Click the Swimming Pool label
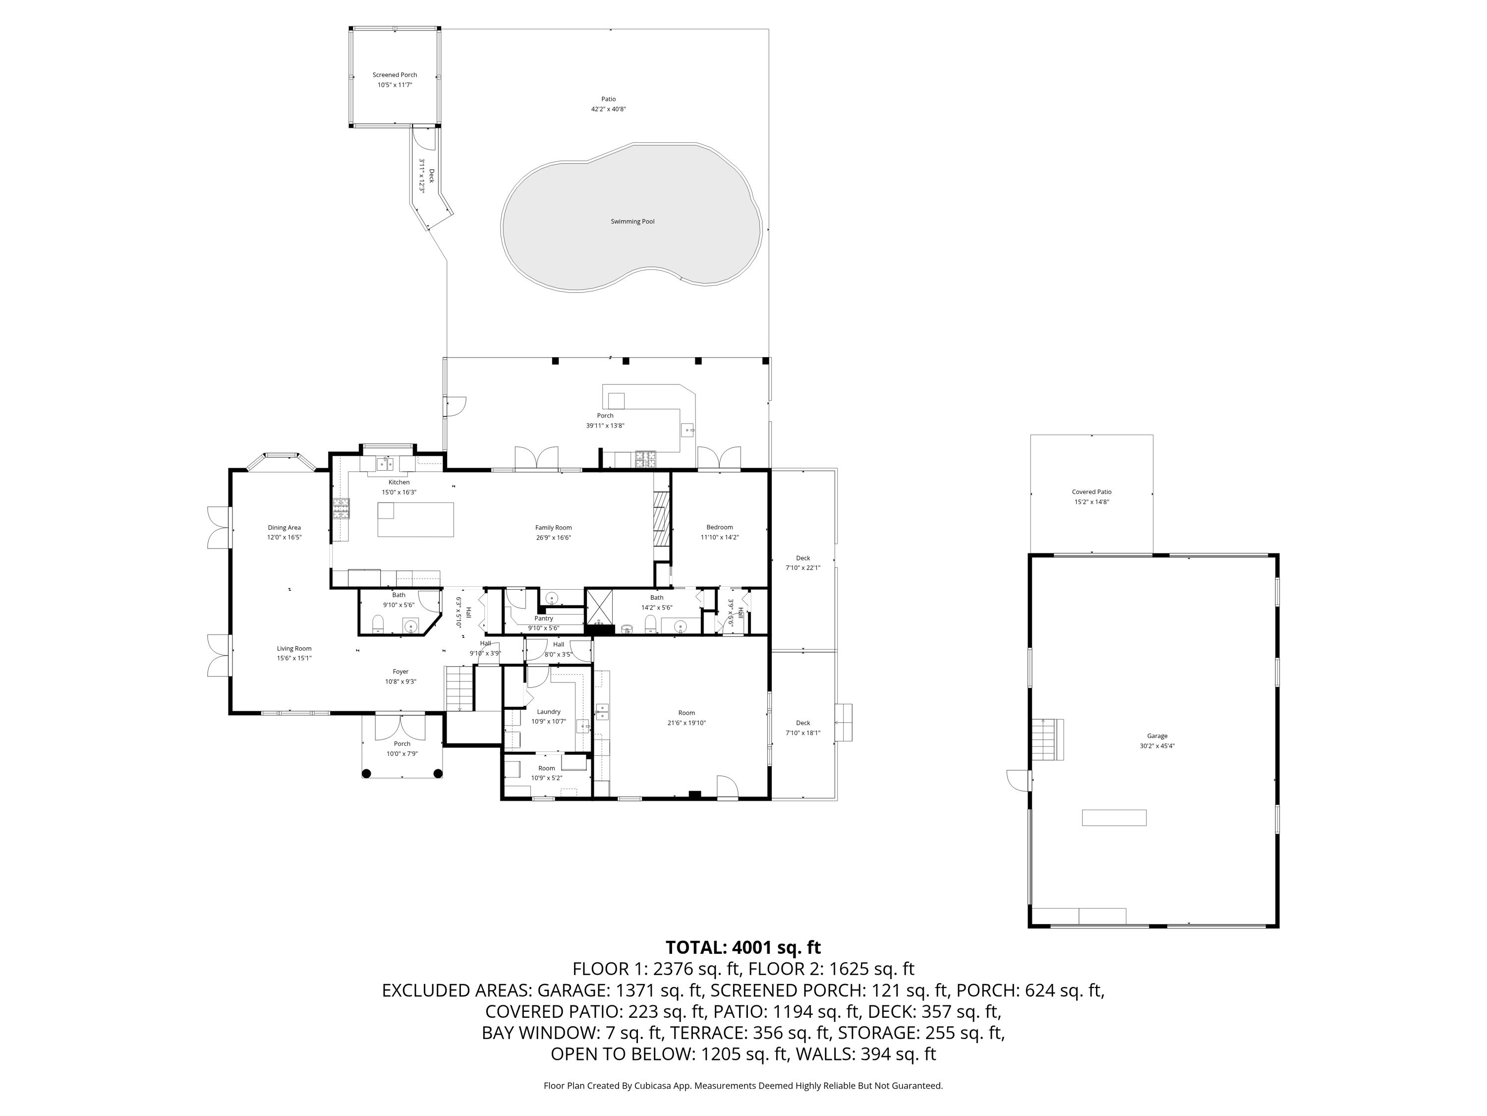(632, 221)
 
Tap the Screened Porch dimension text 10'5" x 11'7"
(395, 85)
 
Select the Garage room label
(1157, 736)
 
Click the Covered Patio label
(1091, 492)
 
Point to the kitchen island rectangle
(415, 519)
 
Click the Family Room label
(553, 527)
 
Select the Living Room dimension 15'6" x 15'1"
(294, 659)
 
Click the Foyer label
(400, 672)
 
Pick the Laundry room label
(549, 712)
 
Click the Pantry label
(543, 618)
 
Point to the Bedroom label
(719, 527)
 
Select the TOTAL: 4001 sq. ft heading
(743, 948)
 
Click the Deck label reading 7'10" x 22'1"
(802, 562)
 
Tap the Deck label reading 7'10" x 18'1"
(802, 728)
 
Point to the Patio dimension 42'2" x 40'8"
(608, 109)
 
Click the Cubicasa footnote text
(743, 1086)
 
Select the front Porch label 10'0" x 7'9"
(402, 748)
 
